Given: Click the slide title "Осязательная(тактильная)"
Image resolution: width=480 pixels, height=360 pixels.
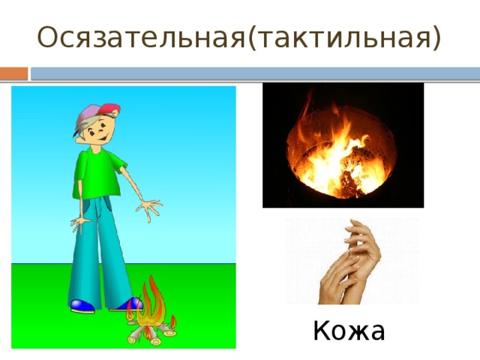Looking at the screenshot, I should tap(238, 36).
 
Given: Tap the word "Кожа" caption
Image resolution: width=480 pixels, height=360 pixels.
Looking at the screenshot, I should tap(349, 330).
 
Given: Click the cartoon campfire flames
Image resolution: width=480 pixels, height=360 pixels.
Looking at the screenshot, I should tap(153, 304).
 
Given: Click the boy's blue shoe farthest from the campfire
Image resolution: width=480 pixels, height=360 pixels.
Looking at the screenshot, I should tap(82, 306).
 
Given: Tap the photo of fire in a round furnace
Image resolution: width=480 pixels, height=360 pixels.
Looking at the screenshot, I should tap(343, 145).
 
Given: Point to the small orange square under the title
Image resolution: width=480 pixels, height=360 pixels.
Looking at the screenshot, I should tap(13, 73).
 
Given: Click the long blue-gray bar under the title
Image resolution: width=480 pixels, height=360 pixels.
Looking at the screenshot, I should tap(255, 73).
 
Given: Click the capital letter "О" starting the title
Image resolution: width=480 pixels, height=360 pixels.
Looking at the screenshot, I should tap(46, 36).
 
